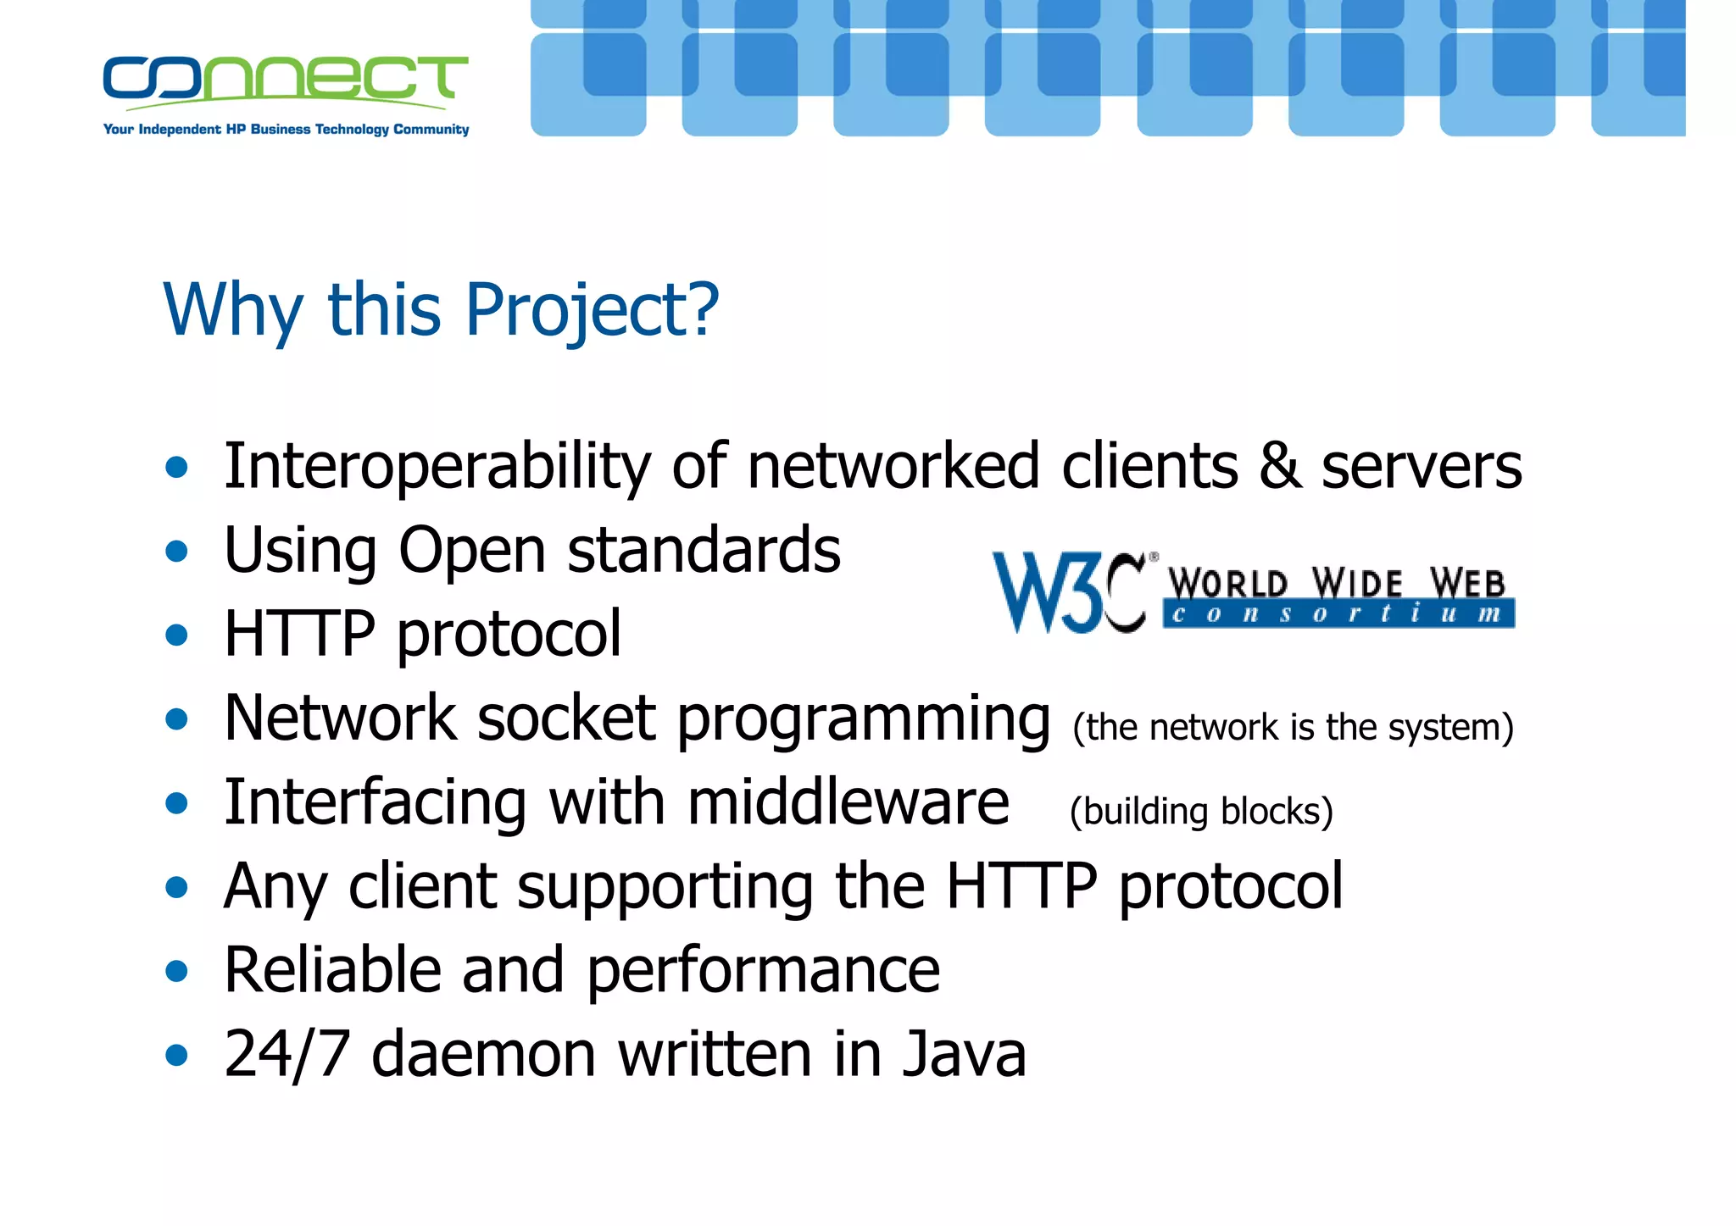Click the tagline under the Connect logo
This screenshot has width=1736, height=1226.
[x=286, y=130]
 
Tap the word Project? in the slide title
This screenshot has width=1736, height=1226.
[x=592, y=310]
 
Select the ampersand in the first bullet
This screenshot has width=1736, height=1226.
[x=1279, y=466]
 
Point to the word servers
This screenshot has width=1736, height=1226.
[x=1422, y=468]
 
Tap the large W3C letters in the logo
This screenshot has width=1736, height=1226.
[x=1069, y=592]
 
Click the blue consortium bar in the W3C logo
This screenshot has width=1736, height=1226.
[x=1338, y=613]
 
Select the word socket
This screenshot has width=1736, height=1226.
[x=565, y=718]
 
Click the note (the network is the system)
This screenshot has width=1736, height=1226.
[x=1293, y=728]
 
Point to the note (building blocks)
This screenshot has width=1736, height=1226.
[x=1201, y=812]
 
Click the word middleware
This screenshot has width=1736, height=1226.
[x=848, y=802]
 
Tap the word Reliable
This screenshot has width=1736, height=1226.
[x=332, y=969]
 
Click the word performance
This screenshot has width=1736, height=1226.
[x=763, y=971]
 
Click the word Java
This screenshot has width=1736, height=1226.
[x=964, y=1054]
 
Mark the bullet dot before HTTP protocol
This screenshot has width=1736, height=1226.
[x=176, y=635]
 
